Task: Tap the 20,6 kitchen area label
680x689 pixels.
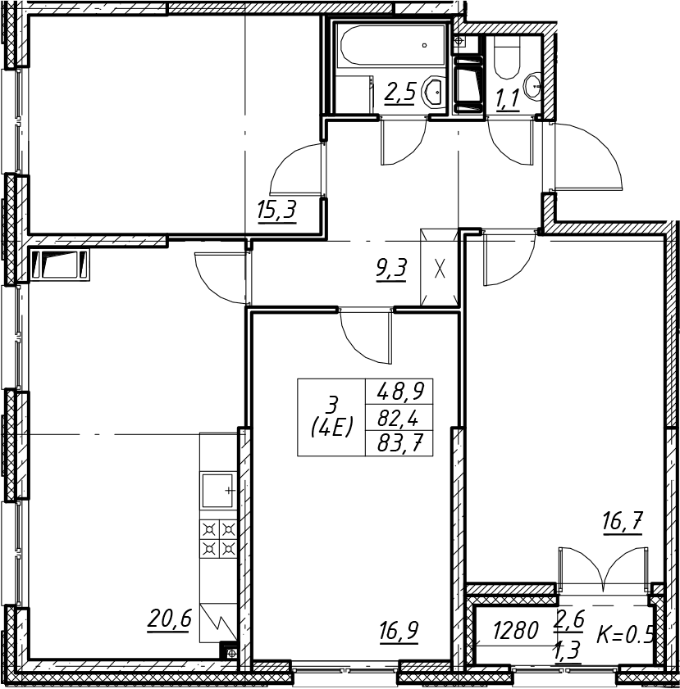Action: pyautogui.click(x=170, y=619)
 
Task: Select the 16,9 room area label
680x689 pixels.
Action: pyautogui.click(x=399, y=632)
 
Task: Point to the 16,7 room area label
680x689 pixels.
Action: pyautogui.click(x=623, y=523)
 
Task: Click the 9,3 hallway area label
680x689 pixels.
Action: pyautogui.click(x=392, y=269)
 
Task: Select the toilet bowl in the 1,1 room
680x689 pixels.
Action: pyautogui.click(x=507, y=57)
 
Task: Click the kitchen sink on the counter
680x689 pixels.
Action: pyautogui.click(x=218, y=490)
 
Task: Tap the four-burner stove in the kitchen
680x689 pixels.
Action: pyautogui.click(x=219, y=539)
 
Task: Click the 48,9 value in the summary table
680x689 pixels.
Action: pyautogui.click(x=399, y=391)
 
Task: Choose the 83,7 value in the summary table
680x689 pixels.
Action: pyautogui.click(x=399, y=445)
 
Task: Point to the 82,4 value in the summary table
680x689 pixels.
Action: pyautogui.click(x=399, y=419)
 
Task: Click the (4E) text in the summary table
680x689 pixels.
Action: pyautogui.click(x=332, y=426)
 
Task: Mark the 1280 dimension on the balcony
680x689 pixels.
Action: pyautogui.click(x=515, y=632)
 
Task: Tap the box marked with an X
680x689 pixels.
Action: pyautogui.click(x=440, y=267)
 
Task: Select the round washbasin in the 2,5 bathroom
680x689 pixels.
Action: pyautogui.click(x=435, y=92)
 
